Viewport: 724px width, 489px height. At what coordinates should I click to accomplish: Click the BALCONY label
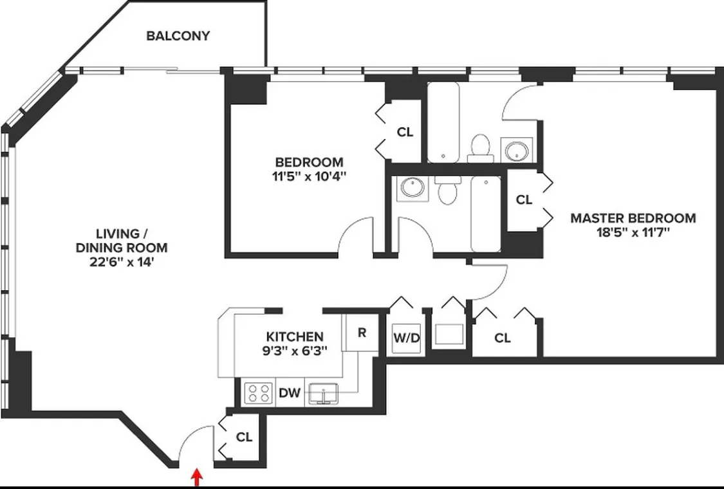pyautogui.click(x=178, y=36)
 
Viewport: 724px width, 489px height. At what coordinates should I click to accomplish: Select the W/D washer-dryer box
pyautogui.click(x=407, y=337)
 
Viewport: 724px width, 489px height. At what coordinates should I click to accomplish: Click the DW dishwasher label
pyautogui.click(x=290, y=392)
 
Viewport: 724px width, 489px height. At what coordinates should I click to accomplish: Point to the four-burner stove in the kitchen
pyautogui.click(x=258, y=392)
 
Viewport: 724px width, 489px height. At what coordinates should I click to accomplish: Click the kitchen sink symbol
pyautogui.click(x=324, y=393)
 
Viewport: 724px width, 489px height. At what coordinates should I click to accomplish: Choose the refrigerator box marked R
pyautogui.click(x=362, y=333)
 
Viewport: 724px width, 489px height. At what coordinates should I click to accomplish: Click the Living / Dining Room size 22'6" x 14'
pyautogui.click(x=122, y=263)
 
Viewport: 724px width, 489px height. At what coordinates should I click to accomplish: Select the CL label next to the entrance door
pyautogui.click(x=244, y=437)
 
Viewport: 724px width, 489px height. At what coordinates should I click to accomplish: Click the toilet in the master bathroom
pyautogui.click(x=480, y=149)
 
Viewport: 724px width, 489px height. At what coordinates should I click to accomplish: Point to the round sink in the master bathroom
pyautogui.click(x=517, y=151)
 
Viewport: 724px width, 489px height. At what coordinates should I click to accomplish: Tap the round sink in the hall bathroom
pyautogui.click(x=411, y=188)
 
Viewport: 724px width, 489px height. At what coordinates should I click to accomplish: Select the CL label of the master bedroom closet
pyautogui.click(x=524, y=200)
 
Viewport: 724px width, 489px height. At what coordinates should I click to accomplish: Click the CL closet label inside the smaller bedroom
pyautogui.click(x=405, y=133)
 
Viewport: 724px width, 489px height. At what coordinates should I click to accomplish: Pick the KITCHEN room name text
pyautogui.click(x=295, y=337)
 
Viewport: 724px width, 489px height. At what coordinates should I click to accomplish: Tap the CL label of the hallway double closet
pyautogui.click(x=503, y=338)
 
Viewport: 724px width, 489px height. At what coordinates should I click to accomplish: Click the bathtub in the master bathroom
pyautogui.click(x=445, y=122)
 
